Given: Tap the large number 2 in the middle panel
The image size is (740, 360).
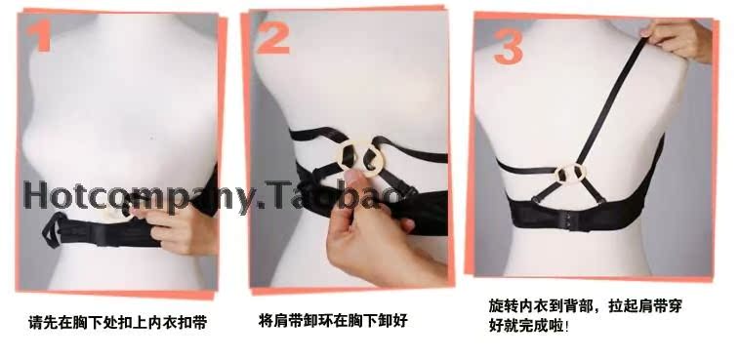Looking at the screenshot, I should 274,38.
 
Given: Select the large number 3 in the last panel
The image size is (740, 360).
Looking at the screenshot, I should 508,43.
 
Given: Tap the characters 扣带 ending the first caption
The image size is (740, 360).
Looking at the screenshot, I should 194,321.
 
